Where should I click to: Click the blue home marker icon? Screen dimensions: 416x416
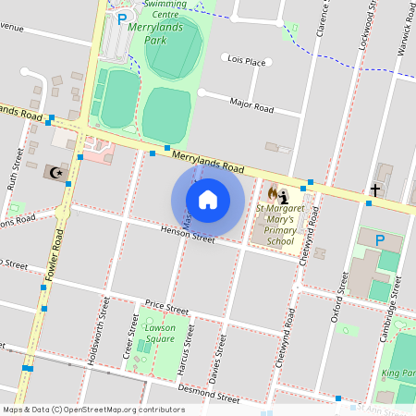pyautogui.click(x=208, y=199)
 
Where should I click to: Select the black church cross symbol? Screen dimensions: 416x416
pyautogui.click(x=373, y=190)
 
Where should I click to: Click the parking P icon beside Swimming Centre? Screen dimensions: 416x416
pyautogui.click(x=122, y=18)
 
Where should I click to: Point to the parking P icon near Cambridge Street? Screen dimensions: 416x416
pyautogui.click(x=378, y=240)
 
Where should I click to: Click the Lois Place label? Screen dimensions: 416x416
pyautogui.click(x=246, y=61)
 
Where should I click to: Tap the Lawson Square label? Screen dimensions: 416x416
pyautogui.click(x=160, y=333)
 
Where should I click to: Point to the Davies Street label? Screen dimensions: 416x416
pyautogui.click(x=218, y=359)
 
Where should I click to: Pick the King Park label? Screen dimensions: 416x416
pyautogui.click(x=398, y=373)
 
